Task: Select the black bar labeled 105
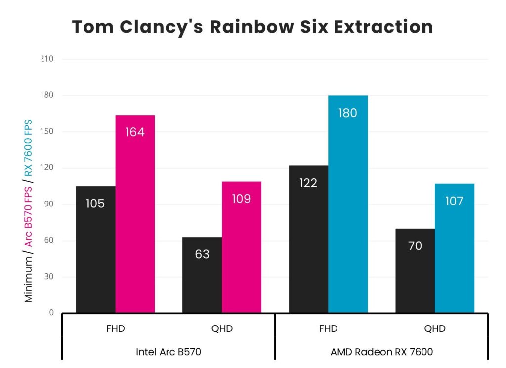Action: (95, 249)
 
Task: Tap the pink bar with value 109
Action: (242, 247)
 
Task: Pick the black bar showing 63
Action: (202, 275)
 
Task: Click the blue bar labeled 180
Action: (348, 204)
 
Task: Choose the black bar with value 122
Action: (308, 239)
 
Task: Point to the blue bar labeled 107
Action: (455, 248)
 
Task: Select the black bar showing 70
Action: (415, 271)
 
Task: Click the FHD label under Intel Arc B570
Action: (115, 329)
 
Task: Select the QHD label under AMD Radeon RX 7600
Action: (435, 329)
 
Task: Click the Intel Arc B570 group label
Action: (169, 352)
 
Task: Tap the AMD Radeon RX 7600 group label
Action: (381, 352)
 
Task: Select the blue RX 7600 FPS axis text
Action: (28, 148)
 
